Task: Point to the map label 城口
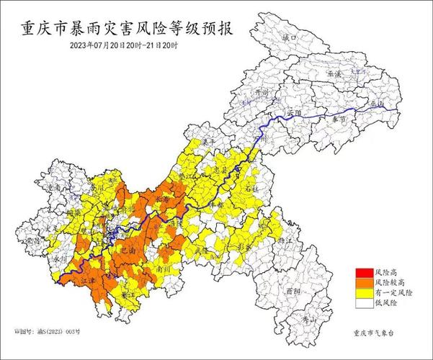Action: click(290, 37)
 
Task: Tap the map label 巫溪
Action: click(332, 73)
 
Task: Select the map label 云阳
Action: click(292, 113)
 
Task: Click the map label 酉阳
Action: click(292, 292)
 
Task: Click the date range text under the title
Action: click(124, 45)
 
